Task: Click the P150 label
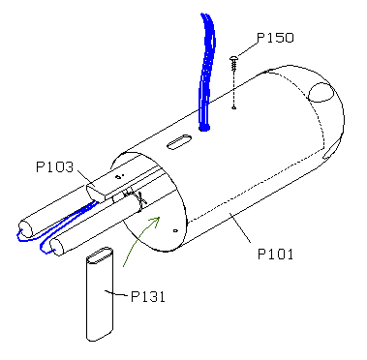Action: coord(275,38)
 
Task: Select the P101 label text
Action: coord(276,255)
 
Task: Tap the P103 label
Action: coord(54,167)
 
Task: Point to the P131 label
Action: coord(148,296)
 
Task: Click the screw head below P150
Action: coord(234,58)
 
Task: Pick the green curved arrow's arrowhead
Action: coord(156,221)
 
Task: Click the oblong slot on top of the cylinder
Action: coord(179,142)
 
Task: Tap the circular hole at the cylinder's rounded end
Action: coord(321,92)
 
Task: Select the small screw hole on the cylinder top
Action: coord(234,107)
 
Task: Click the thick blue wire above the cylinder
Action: coord(206,71)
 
